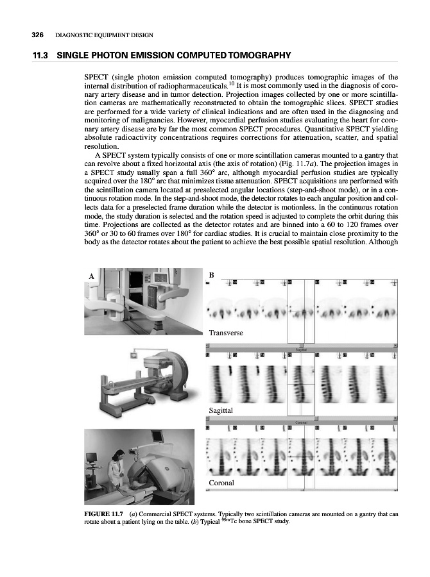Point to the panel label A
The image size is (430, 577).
pyautogui.click(x=91, y=275)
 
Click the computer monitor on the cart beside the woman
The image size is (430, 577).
pyautogui.click(x=92, y=459)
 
